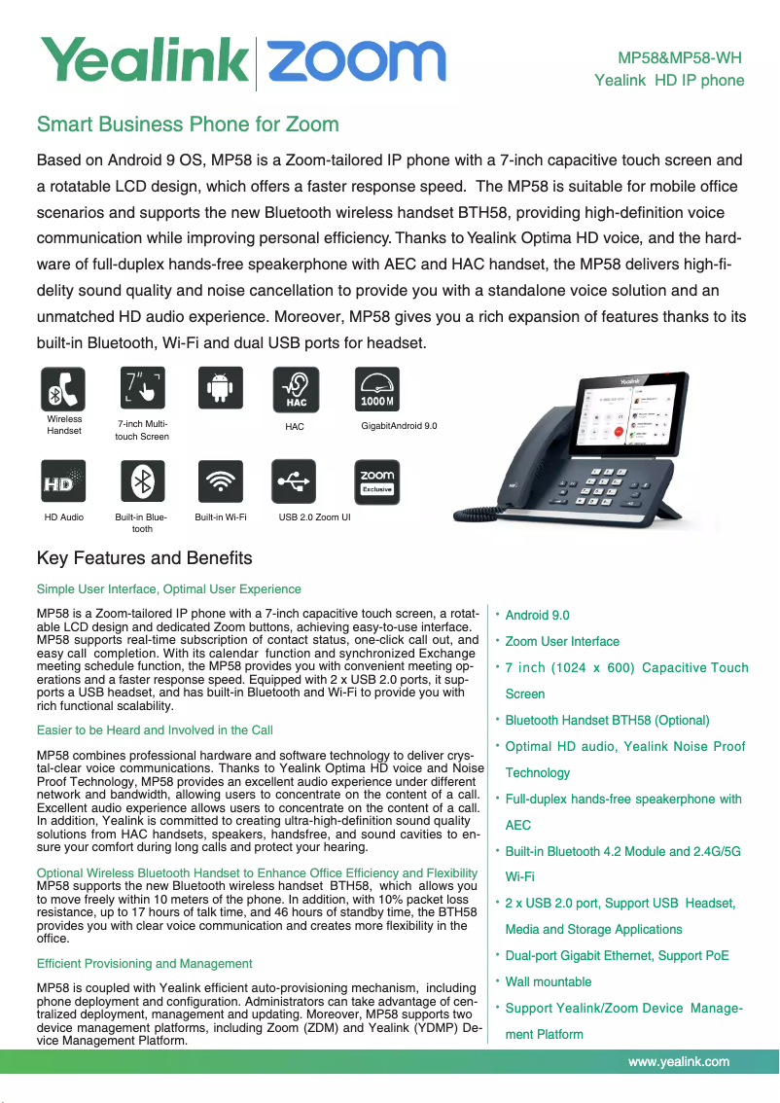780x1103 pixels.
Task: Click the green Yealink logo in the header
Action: (143, 61)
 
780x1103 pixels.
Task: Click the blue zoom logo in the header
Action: (356, 61)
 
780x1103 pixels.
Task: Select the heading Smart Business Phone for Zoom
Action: (188, 125)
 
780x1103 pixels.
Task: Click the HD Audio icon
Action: (64, 482)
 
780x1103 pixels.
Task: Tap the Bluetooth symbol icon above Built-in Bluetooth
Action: (143, 482)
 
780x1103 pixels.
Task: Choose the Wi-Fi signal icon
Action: (220, 482)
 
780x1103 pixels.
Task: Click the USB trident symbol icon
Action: (296, 482)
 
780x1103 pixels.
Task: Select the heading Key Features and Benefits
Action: (144, 558)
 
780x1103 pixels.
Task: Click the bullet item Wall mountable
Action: (549, 982)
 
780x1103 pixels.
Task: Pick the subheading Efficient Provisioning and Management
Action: (144, 964)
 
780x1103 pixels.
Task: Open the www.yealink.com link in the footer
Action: (679, 1062)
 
